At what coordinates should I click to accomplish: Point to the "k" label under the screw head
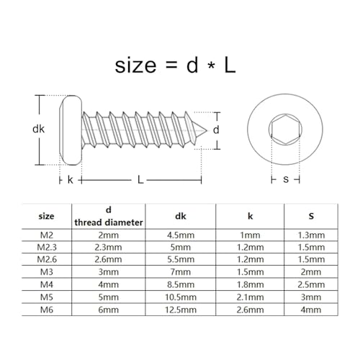70,180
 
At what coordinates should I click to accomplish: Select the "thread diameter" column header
108,221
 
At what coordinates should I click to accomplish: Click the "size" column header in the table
46,215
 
